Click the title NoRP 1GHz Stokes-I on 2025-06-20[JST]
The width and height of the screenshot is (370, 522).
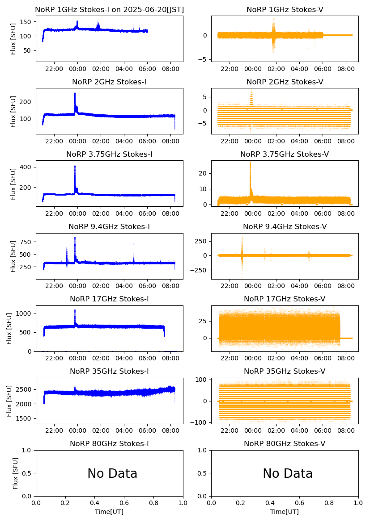[x=109, y=9]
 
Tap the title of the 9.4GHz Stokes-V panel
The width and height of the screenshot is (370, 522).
[x=285, y=227]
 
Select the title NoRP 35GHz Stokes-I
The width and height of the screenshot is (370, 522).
[x=109, y=372]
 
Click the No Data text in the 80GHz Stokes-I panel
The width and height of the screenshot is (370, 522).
[x=112, y=473]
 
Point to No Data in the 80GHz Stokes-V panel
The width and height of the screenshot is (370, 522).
[x=287, y=473]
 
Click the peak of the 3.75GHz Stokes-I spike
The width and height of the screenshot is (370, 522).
[x=75, y=166]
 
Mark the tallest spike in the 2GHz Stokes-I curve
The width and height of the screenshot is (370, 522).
[x=75, y=93]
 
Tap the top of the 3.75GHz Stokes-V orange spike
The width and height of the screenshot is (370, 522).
[x=250, y=163]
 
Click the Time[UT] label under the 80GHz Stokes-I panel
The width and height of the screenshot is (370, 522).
[x=109, y=512]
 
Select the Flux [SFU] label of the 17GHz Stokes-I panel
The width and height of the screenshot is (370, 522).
[x=9, y=328]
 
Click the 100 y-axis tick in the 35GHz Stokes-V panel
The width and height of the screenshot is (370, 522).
[x=201, y=380]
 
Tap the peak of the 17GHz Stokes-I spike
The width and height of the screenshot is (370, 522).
[x=75, y=310]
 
